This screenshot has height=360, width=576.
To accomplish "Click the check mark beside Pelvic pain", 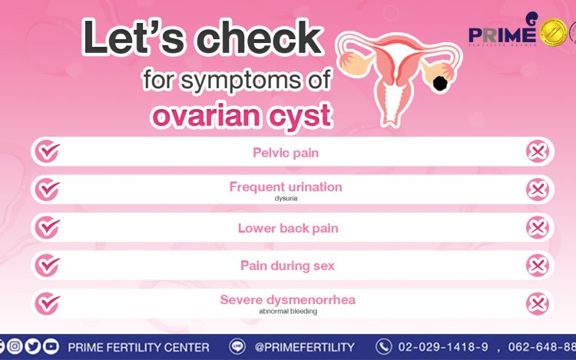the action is coord(48,151).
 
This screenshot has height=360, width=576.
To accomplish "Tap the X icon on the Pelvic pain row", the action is coord(538,151).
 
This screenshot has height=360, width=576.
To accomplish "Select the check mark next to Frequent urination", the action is coord(48,190).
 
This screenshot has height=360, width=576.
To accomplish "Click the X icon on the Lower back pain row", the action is coord(538,227).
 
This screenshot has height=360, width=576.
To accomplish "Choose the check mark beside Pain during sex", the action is coord(48,266).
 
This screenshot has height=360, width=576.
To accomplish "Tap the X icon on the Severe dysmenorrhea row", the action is coord(538,303).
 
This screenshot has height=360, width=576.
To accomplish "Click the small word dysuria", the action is coord(286,199).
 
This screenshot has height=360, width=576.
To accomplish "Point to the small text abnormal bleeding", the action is coord(288,311).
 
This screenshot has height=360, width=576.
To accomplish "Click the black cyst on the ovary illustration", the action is coord(440,84).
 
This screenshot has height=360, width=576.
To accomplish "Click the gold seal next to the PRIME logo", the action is coord(553,33).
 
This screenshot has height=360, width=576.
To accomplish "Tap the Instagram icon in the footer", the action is coord(15,346).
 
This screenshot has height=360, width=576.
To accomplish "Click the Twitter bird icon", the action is coord(33,346).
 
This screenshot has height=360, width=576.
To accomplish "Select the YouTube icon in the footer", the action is coord(51,346).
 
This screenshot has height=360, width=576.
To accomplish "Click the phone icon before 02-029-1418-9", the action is coord(384,346).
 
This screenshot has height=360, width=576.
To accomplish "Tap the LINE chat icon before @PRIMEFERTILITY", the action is coord(237,346).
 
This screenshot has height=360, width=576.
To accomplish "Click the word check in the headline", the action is coord(260,38).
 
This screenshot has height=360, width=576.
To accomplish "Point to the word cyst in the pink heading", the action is coord(300,116).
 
